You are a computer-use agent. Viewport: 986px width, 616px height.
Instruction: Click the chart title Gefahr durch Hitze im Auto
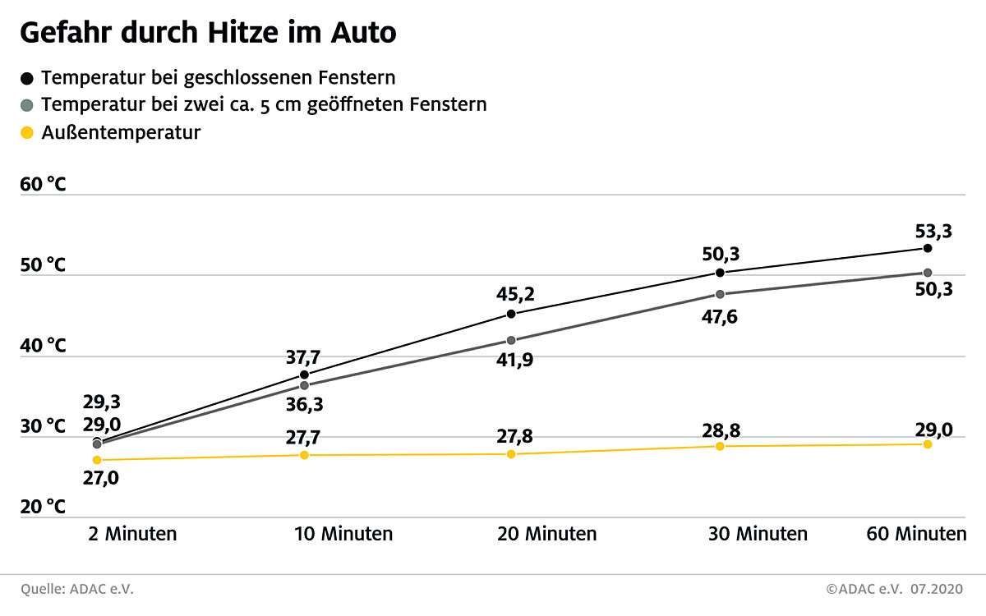tap(208, 33)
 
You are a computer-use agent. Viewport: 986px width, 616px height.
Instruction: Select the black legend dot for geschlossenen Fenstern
tap(27, 79)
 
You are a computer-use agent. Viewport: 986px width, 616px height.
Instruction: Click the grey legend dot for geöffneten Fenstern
tap(27, 106)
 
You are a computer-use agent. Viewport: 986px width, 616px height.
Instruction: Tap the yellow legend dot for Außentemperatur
tap(27, 132)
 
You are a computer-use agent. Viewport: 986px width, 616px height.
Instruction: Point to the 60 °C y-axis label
tap(43, 184)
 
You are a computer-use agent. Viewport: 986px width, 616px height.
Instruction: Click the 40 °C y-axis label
tap(43, 346)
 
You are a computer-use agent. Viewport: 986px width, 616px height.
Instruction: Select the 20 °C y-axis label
tap(43, 507)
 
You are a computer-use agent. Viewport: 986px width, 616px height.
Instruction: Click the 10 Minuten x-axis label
tap(343, 534)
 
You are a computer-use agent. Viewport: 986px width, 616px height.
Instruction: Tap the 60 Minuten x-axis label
tap(916, 534)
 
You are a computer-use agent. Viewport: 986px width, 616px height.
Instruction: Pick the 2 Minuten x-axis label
tap(132, 534)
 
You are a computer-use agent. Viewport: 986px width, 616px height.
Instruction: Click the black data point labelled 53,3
tap(928, 248)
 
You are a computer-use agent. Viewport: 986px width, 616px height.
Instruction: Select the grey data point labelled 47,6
tap(720, 294)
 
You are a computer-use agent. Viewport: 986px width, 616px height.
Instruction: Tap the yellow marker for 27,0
tap(97, 460)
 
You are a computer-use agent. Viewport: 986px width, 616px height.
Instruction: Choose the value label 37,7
tap(303, 356)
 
